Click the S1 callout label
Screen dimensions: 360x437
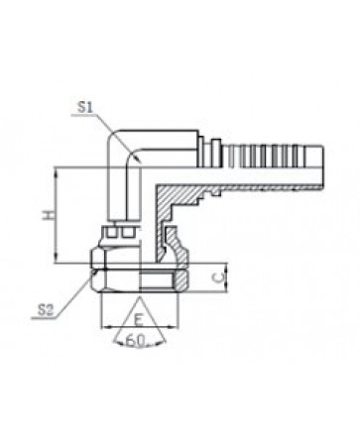click(x=85, y=108)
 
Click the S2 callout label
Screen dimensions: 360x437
click(x=46, y=310)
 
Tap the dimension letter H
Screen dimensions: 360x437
click(x=49, y=215)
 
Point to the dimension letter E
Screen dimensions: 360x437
click(x=139, y=320)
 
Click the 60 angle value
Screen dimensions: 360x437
click(x=135, y=341)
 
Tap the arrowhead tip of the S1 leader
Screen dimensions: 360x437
click(x=141, y=163)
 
